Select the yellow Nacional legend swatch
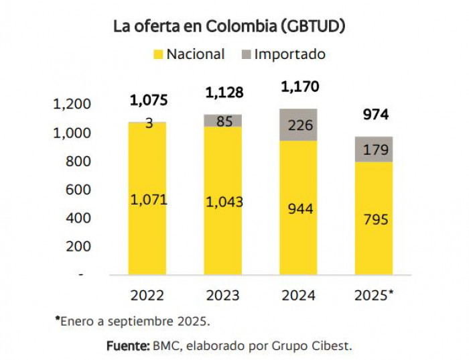pyautogui.click(x=158, y=54)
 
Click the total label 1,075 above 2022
pyautogui.click(x=149, y=101)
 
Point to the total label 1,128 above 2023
pyautogui.click(x=224, y=92)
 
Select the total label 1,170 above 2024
pyautogui.click(x=299, y=86)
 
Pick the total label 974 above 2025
pyautogui.click(x=375, y=115)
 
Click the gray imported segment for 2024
pyautogui.click(x=299, y=125)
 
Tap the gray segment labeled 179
pyautogui.click(x=375, y=149)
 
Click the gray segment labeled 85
pyautogui.click(x=224, y=121)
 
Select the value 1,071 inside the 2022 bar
pyautogui.click(x=149, y=199)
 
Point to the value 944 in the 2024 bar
pyautogui.click(x=299, y=208)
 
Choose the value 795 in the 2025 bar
pyautogui.click(x=375, y=219)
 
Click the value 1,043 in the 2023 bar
pyautogui.click(x=224, y=202)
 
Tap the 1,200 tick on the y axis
pyautogui.click(x=71, y=105)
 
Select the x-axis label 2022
pyautogui.click(x=149, y=295)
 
